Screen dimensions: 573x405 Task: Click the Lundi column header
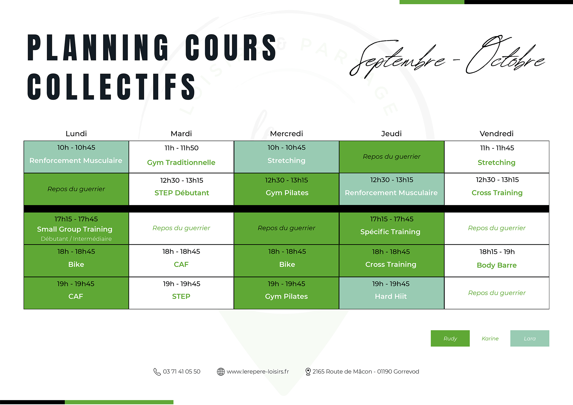tap(76, 134)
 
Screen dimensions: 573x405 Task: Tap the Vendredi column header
tap(497, 134)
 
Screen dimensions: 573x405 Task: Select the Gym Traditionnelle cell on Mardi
tap(181, 157)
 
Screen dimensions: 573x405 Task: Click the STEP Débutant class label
tap(182, 193)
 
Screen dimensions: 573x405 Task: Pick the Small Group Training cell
tap(76, 228)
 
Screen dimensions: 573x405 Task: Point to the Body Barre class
tap(497, 265)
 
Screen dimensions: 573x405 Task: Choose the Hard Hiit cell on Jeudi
tap(392, 293)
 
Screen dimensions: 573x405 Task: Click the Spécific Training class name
tap(390, 232)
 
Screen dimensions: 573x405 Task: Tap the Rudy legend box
tap(450, 338)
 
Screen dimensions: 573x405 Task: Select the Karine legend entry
tap(490, 339)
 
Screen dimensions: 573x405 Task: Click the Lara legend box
tap(530, 338)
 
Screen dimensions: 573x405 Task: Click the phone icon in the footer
tap(157, 372)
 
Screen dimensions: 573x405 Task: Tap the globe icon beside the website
tap(221, 372)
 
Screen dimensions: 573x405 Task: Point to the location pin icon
tap(308, 372)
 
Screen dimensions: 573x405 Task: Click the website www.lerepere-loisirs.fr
tap(258, 372)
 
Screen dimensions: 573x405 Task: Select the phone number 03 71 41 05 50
tap(181, 372)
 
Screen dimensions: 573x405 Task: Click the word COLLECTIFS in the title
tap(111, 87)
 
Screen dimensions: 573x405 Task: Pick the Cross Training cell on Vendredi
tap(497, 189)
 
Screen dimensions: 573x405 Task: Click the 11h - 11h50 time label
tap(181, 148)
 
